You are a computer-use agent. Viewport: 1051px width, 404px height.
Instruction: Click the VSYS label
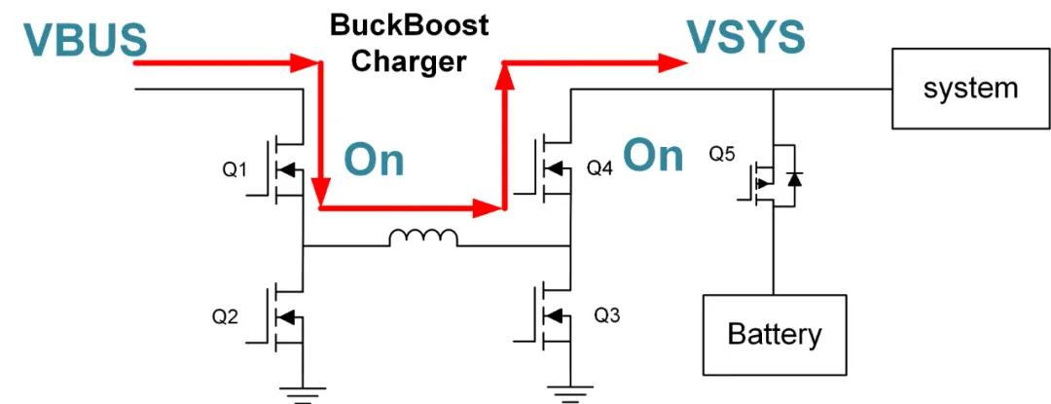746,37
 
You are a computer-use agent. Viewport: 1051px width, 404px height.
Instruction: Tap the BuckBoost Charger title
409,43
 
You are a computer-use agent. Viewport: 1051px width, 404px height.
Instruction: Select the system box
970,89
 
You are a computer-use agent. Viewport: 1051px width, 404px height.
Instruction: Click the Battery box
775,334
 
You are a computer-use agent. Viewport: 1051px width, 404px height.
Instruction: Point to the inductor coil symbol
423,238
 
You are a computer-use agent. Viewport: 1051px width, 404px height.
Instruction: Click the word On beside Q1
375,161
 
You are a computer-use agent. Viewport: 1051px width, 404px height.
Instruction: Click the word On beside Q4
653,155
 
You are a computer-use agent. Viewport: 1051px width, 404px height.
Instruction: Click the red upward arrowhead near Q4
504,76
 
